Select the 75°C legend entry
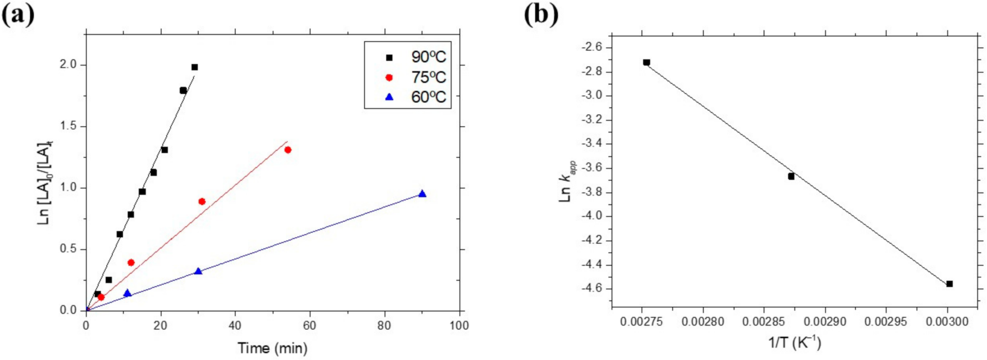[416, 77]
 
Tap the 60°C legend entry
[416, 97]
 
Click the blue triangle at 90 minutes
[422, 194]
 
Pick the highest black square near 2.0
[194, 67]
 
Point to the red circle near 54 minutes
[288, 150]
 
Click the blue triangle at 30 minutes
[198, 271]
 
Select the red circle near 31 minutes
[202, 201]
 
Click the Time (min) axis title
[272, 348]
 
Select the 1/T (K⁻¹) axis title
[795, 343]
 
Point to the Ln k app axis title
[567, 181]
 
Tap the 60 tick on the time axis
[310, 326]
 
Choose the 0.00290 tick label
[825, 322]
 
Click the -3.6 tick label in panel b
[592, 168]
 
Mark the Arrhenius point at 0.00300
[950, 284]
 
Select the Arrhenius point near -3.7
[791, 177]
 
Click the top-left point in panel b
[647, 62]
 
